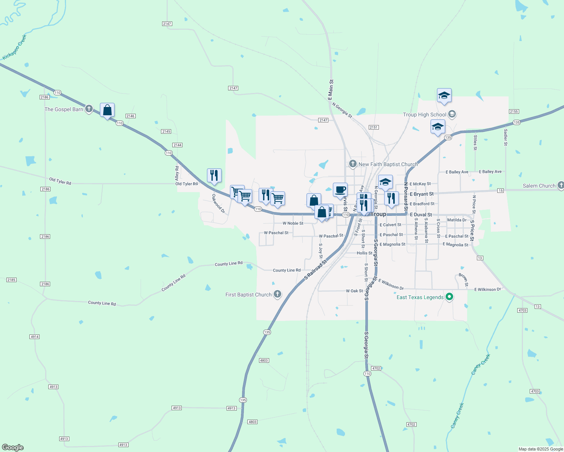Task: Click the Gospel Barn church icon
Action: pos(89,109)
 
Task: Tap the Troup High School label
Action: pos(425,115)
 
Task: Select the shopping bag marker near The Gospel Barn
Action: pos(107,110)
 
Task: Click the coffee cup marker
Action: pos(340,190)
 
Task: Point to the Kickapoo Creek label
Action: pos(15,47)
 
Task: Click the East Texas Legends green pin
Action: pos(449,297)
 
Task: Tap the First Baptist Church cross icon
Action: pos(277,294)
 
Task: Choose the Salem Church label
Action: pos(539,186)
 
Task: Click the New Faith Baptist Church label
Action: pos(388,164)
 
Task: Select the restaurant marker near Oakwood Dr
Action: pos(214,176)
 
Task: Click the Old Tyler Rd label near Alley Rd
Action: pos(187,184)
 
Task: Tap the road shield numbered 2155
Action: pos(514,111)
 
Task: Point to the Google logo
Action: pos(13,447)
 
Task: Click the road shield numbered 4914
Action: pos(34,337)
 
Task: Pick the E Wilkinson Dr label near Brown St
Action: pos(487,289)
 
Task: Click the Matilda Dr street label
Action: pos(457,220)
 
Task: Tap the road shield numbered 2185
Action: pos(11,280)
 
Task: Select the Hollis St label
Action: pos(365,253)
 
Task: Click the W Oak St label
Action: pos(354,291)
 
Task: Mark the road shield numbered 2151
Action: pos(374,127)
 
